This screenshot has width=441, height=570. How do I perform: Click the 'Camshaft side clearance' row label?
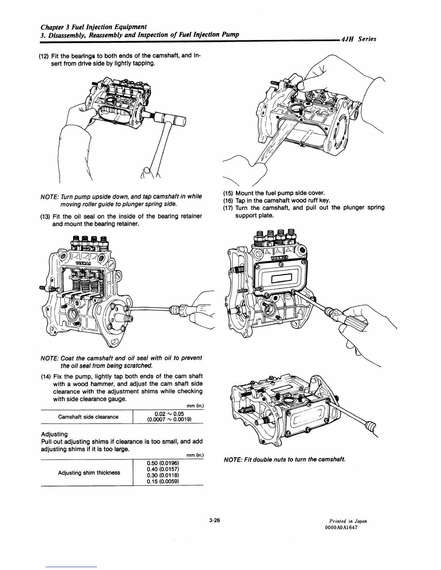(x=88, y=417)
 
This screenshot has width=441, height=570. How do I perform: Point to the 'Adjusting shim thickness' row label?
(x=89, y=472)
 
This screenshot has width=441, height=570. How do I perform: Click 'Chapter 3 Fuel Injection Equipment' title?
(x=93, y=27)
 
